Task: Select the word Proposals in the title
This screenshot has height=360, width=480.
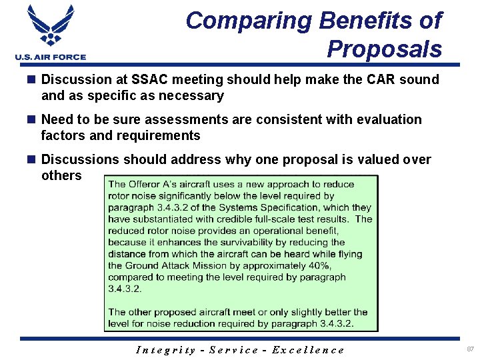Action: [384, 49]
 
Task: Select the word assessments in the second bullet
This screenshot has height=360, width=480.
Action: [179, 119]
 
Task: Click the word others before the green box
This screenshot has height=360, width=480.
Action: [61, 175]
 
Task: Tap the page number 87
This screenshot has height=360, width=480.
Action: [471, 349]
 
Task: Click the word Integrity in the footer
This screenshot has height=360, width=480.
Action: [166, 350]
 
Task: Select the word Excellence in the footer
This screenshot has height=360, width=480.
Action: [309, 350]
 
